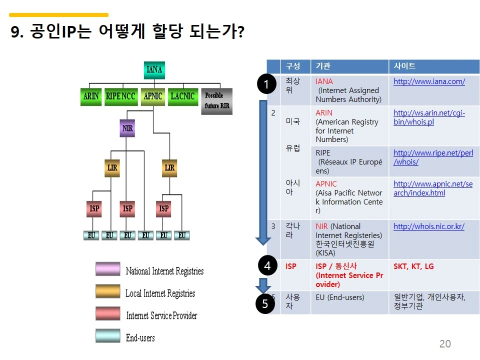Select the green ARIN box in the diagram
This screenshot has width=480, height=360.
tap(90, 96)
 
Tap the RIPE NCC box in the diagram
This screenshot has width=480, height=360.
tap(120, 96)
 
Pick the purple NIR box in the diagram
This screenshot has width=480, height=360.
tap(128, 128)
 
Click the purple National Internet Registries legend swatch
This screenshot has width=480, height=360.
tap(108, 269)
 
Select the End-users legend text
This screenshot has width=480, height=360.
tap(140, 338)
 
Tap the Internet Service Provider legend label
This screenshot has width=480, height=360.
tap(161, 315)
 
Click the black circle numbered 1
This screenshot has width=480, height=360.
tap(266, 84)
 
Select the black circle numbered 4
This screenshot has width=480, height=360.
tap(267, 266)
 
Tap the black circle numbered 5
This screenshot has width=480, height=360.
tap(265, 303)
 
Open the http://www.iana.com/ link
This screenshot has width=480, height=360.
tap(429, 81)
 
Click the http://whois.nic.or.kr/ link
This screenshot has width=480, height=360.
tap(428, 226)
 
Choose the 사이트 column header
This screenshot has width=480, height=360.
tap(404, 66)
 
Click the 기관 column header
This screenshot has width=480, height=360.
tap(323, 66)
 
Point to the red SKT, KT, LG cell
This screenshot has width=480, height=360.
tap(413, 266)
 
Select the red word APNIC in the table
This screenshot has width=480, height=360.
tap(326, 184)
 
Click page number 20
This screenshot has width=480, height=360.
tap(444, 344)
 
